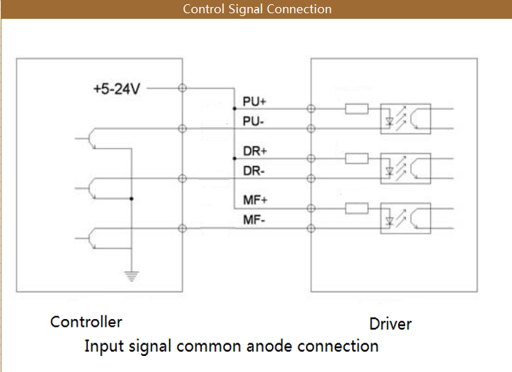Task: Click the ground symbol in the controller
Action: click(131, 276)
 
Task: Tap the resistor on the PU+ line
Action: click(357, 108)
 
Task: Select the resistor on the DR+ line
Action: click(357, 158)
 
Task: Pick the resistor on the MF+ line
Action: click(357, 208)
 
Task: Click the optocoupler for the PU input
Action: click(404, 119)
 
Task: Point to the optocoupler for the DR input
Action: click(404, 168)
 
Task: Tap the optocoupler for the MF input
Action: click(404, 218)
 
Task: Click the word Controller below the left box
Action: click(86, 322)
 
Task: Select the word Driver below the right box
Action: click(390, 324)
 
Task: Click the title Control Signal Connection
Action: click(256, 9)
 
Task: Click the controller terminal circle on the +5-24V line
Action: click(182, 88)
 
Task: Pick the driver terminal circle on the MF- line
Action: click(311, 228)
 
